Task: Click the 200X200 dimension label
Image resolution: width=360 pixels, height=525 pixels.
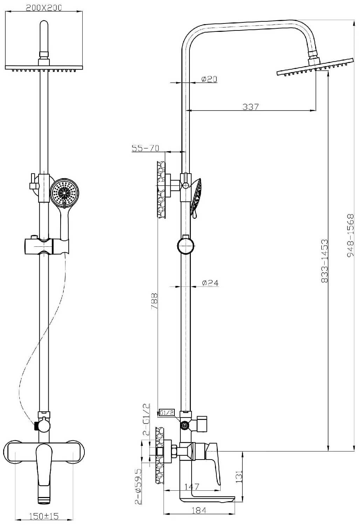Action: click(44, 8)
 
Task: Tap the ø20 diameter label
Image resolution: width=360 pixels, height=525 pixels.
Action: click(209, 79)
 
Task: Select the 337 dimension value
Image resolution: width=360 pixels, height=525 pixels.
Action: click(251, 107)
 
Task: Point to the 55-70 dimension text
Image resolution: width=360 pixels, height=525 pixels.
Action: click(145, 148)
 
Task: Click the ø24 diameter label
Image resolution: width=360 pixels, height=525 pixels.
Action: click(210, 283)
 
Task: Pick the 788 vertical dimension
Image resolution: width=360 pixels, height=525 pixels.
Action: click(154, 301)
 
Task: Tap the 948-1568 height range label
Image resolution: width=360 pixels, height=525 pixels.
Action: click(350, 235)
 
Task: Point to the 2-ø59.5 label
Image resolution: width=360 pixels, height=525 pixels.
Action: click(138, 486)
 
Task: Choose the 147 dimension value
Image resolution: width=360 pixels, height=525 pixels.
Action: click(191, 486)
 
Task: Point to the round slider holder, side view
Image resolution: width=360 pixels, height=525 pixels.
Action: click(186, 246)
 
